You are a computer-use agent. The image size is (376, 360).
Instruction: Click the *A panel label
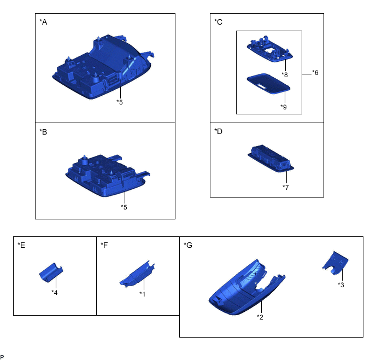(43, 22)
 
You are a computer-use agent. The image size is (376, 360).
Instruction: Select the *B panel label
(43, 132)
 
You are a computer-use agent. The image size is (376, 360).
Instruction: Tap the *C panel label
(218, 22)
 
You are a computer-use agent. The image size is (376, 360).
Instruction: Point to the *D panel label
(218, 131)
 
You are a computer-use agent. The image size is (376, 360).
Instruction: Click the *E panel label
(21, 245)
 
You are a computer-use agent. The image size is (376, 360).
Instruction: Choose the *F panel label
(104, 245)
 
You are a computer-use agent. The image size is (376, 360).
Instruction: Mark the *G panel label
(188, 245)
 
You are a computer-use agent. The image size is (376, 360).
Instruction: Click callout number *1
(143, 294)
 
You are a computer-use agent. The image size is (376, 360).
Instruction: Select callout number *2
(260, 317)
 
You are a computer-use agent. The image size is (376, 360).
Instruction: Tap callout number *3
(341, 285)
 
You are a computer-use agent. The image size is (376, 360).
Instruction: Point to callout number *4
(55, 293)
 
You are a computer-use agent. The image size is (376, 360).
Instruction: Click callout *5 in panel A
(120, 102)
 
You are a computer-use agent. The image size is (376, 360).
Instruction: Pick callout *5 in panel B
(124, 207)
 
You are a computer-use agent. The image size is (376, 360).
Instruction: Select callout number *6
(315, 73)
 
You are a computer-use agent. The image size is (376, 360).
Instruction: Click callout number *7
(286, 188)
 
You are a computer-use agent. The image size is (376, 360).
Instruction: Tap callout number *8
(285, 75)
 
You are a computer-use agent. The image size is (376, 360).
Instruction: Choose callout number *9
(284, 107)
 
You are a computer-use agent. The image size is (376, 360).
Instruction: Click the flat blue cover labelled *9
(268, 84)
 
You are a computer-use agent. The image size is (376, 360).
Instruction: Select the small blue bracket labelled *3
(335, 263)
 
